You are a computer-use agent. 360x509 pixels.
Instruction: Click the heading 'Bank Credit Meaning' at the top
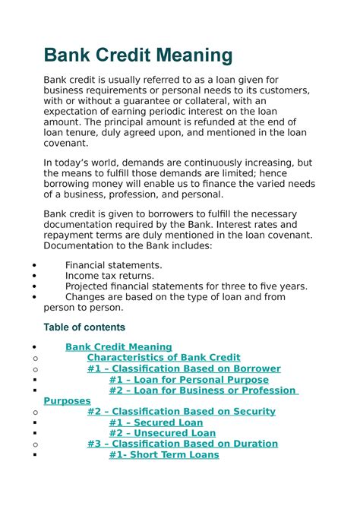(x=137, y=55)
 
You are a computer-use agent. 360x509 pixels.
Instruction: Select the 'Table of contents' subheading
(x=84, y=327)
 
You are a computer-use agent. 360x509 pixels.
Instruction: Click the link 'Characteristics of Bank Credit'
(x=163, y=357)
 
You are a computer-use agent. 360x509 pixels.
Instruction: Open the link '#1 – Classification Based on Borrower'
(x=184, y=368)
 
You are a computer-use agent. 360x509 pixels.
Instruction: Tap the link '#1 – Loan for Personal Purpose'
(x=188, y=379)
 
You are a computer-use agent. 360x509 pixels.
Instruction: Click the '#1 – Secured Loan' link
(x=156, y=422)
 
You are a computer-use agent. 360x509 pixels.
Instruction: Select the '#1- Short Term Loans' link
(x=163, y=454)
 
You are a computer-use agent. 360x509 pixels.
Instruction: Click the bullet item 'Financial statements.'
(x=113, y=265)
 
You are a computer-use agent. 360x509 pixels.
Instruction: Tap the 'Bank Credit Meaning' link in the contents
(x=118, y=346)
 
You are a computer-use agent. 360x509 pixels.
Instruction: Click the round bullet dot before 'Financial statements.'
(x=36, y=266)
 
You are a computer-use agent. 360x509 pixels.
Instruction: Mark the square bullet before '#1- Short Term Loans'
(x=36, y=455)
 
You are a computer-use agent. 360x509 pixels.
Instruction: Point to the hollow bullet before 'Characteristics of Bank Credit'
(x=36, y=358)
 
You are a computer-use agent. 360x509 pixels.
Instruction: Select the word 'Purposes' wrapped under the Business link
(x=67, y=400)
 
